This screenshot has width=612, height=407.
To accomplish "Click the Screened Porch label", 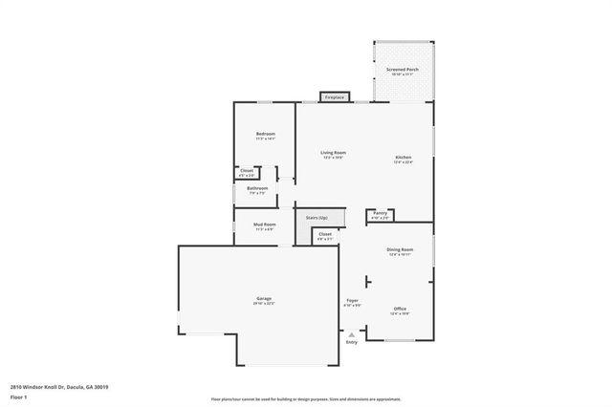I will pyautogui.click(x=402, y=70).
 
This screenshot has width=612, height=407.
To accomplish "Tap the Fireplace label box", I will pyautogui.click(x=334, y=97).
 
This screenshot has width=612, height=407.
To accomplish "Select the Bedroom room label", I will pyautogui.click(x=265, y=134).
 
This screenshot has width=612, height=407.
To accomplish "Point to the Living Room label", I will pyautogui.click(x=333, y=153).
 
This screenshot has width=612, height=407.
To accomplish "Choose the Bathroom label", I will pyautogui.click(x=257, y=188).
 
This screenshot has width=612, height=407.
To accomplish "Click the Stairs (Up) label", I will pyautogui.click(x=317, y=218).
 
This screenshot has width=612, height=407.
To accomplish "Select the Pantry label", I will pyautogui.click(x=380, y=213).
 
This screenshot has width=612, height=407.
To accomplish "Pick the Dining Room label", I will pyautogui.click(x=400, y=249).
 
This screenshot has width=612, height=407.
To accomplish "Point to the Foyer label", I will pyautogui.click(x=352, y=301).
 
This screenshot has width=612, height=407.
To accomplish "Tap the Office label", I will pyautogui.click(x=400, y=309).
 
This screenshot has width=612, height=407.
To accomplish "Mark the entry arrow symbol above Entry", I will pyautogui.click(x=352, y=334).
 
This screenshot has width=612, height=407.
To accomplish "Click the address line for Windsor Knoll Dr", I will pyautogui.click(x=59, y=387).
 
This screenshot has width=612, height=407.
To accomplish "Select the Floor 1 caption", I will pyautogui.click(x=18, y=396).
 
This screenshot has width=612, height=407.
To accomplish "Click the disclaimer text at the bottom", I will pyautogui.click(x=306, y=399).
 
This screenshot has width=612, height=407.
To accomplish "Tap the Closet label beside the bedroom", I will pyautogui.click(x=247, y=171).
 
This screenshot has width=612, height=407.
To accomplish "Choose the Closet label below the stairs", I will pyautogui.click(x=325, y=235).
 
